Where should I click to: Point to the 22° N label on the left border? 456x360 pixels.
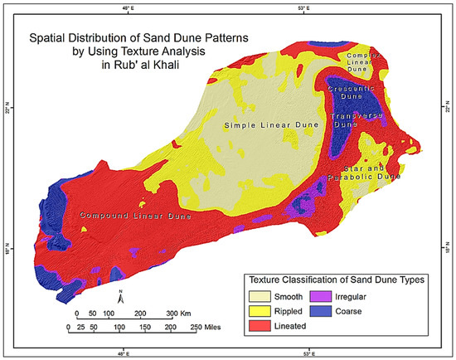coord(7,109)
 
